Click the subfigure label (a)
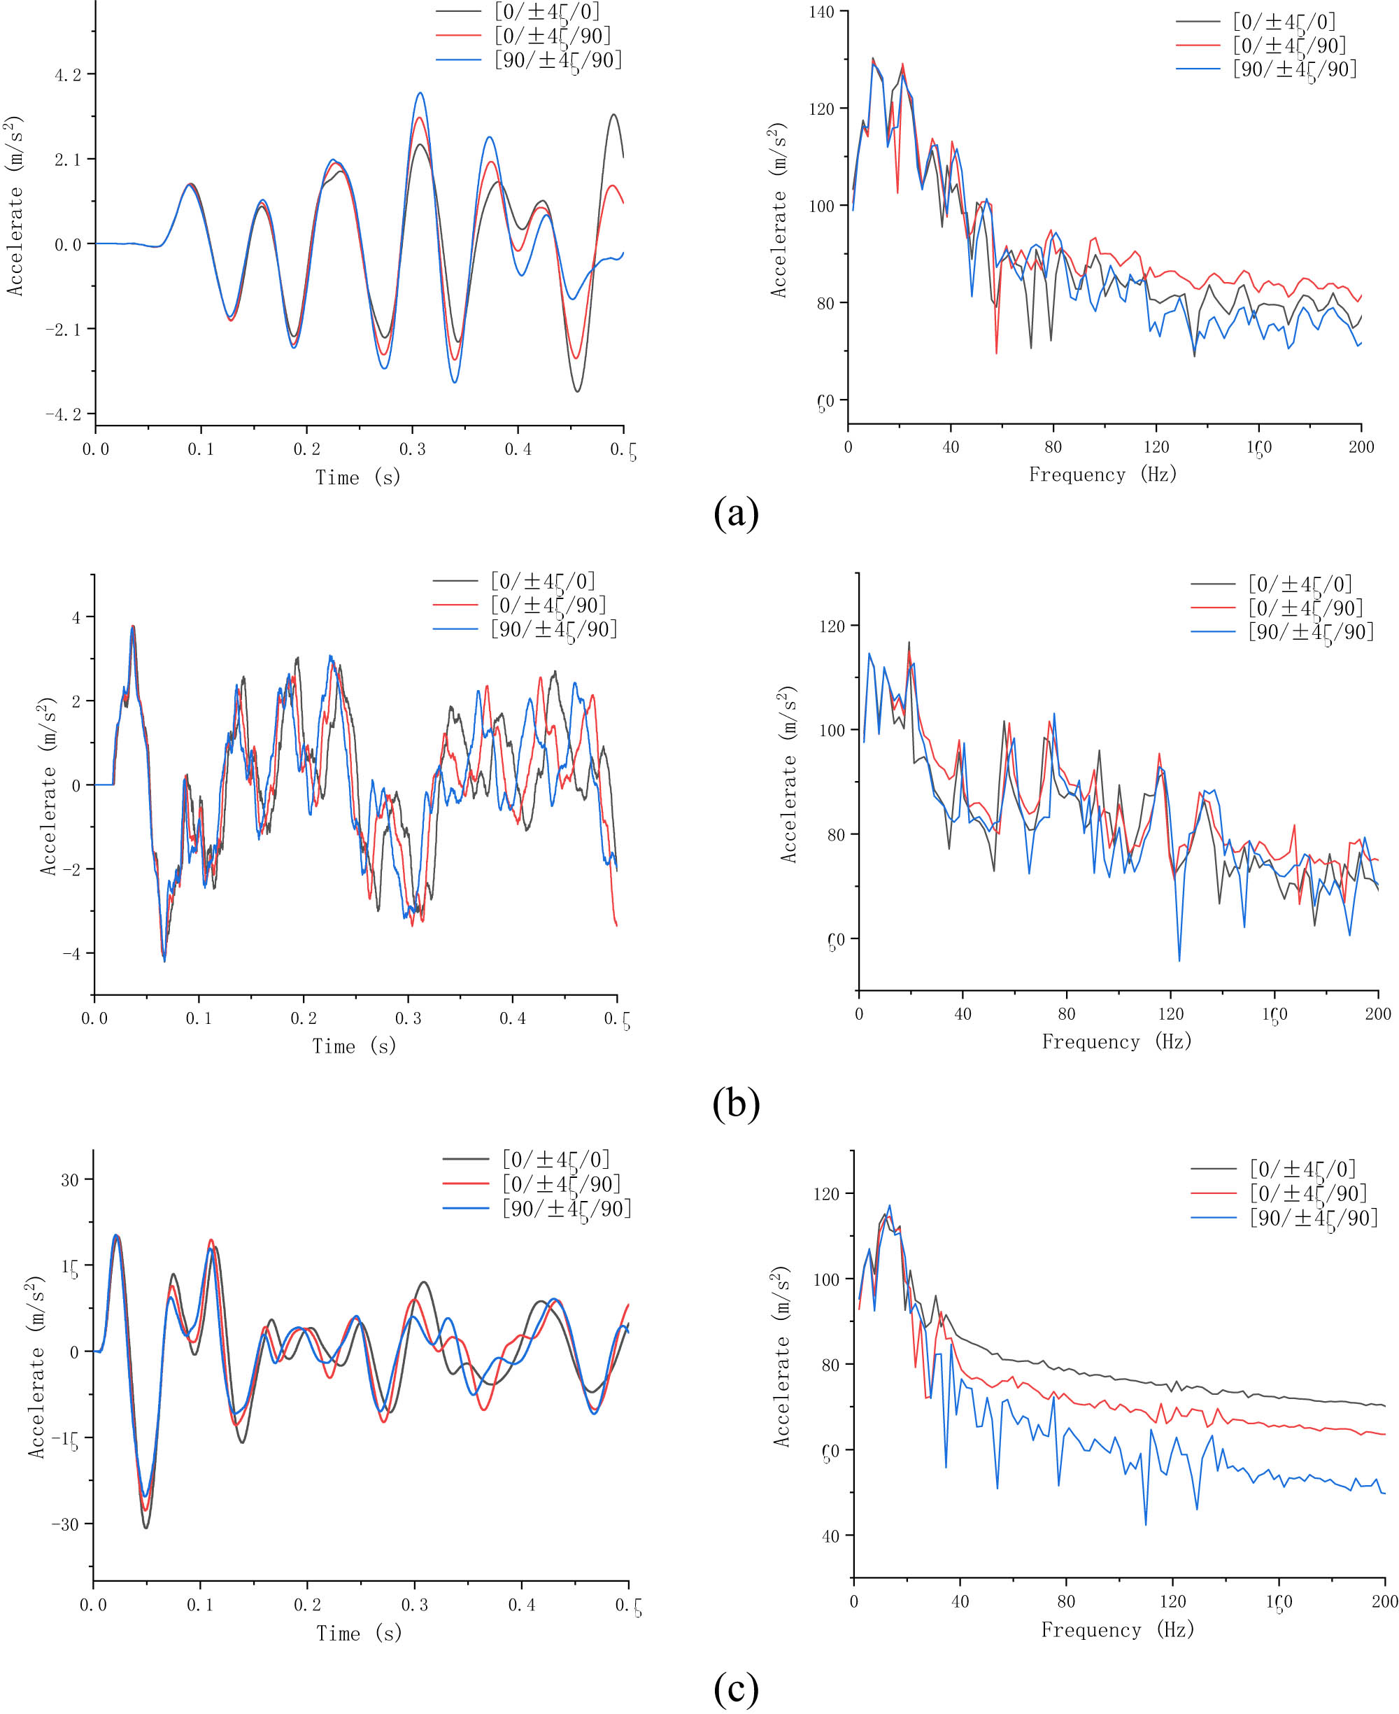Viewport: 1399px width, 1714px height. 736,513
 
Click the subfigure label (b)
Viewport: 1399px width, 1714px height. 736,1104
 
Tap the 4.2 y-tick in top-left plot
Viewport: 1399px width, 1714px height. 68,76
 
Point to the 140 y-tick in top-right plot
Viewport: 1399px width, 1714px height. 821,12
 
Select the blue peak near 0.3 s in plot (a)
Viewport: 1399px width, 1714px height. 420,94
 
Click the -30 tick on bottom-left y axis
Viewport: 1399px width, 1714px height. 65,1524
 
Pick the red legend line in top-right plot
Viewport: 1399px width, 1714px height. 1198,45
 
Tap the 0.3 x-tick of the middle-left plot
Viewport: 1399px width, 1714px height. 408,1018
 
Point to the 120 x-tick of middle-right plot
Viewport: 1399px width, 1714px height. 1170,1013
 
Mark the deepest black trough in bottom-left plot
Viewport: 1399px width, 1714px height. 146,1528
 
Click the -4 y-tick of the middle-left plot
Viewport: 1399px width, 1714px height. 72,954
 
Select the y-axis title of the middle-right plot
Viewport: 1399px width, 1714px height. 788,775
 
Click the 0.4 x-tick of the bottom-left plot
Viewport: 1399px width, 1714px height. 520,1605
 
